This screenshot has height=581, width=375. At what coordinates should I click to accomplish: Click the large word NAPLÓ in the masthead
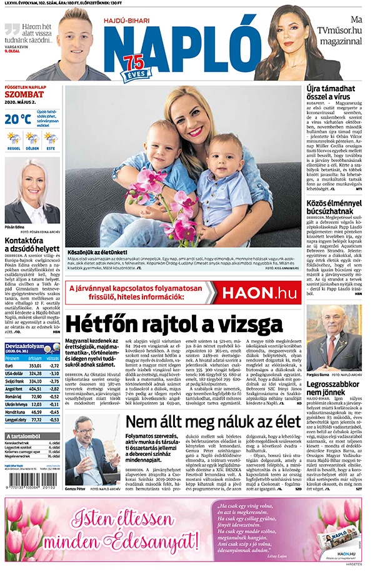pyautogui.click(x=181, y=45)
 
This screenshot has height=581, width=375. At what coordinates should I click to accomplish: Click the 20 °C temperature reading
pyautogui.click(x=17, y=118)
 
